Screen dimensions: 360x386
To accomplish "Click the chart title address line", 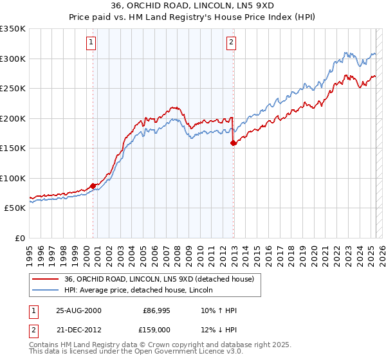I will click(192, 5).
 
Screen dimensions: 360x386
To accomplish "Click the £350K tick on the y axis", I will click(13, 29).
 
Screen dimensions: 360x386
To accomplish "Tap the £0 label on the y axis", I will click(19, 238).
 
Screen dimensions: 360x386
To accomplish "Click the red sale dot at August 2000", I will click(93, 186).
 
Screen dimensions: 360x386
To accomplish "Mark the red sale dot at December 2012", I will click(233, 143).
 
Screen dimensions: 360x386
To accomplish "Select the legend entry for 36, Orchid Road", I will click(160, 279).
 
